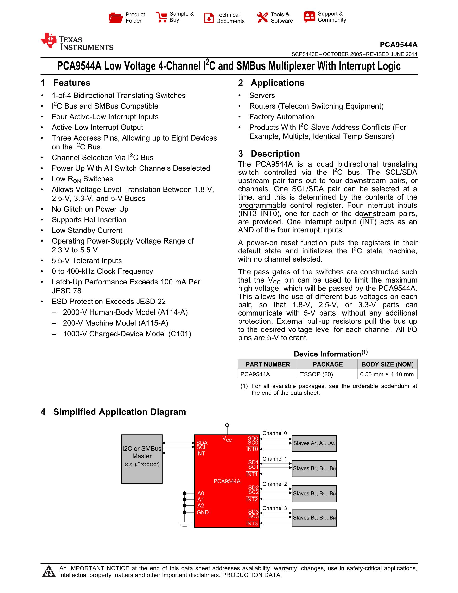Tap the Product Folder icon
pyautogui.click(x=116, y=18)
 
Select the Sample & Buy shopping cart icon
pyautogui.click(x=161, y=17)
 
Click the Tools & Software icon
pyautogui.click(x=262, y=18)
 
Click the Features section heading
pyautogui.click(x=72, y=83)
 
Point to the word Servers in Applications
pyautogui.click(x=262, y=96)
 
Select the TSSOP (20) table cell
pyautogui.click(x=316, y=374)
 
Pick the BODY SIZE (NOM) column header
pyautogui.click(x=388, y=364)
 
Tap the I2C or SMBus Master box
pyautogui.click(x=142, y=459)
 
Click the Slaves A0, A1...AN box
pyautogui.click(x=314, y=443)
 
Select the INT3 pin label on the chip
pyautogui.click(x=252, y=523)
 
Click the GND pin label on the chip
pyautogui.click(x=203, y=512)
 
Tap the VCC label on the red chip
pyautogui.click(x=227, y=439)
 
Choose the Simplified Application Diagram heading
pyautogui.click(x=119, y=412)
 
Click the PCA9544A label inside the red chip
pyautogui.click(x=227, y=481)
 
